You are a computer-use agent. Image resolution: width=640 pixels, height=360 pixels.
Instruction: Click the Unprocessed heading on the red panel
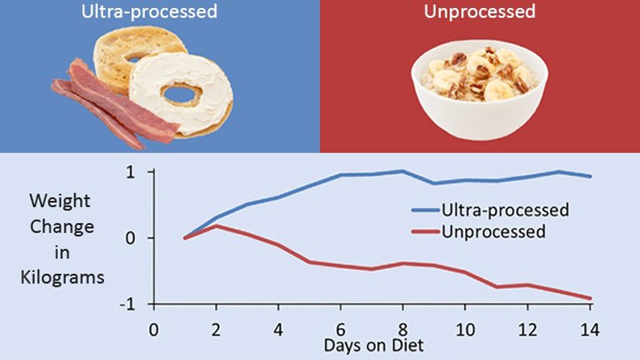click(480, 12)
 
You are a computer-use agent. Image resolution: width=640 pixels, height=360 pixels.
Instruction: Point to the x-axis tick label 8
click(403, 329)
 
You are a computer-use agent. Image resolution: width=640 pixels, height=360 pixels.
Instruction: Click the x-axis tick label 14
click(591, 329)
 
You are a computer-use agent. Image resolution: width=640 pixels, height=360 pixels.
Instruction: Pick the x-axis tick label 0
click(154, 329)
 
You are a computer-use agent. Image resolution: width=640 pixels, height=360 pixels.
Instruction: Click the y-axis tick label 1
click(129, 172)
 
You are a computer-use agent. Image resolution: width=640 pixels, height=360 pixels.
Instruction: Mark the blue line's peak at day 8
click(403, 171)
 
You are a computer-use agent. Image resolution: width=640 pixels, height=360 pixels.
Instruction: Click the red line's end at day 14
click(591, 298)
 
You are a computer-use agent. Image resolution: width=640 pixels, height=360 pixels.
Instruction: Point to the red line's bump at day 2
click(217, 226)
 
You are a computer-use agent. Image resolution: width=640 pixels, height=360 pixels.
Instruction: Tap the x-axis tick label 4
click(279, 329)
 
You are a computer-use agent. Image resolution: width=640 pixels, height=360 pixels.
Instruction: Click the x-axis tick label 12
click(527, 329)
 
